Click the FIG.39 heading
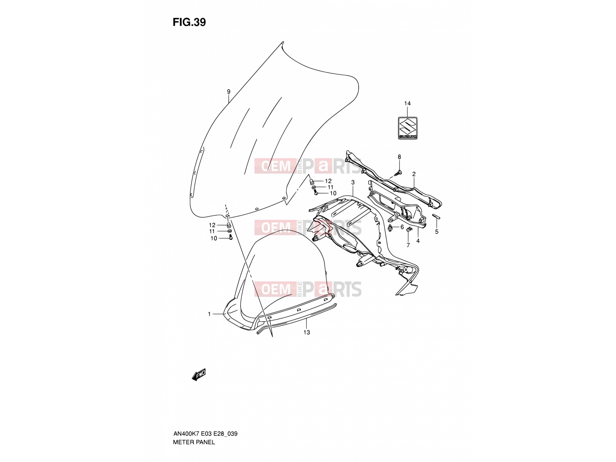pos(189,22)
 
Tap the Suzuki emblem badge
pos(407,128)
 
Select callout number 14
pos(407,104)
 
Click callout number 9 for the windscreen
pos(228,92)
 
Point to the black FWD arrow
pos(199,375)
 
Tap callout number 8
pos(399,157)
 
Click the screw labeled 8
pos(398,173)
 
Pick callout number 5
pos(437,232)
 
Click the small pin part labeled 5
pos(436,216)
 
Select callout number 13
pos(306,332)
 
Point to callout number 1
pos(209,314)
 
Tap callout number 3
pos(353,182)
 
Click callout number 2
pos(413,174)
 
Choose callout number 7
pos(408,245)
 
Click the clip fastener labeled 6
pos(390,228)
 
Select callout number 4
pos(418,241)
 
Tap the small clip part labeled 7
pos(409,229)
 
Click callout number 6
pos(402,227)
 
